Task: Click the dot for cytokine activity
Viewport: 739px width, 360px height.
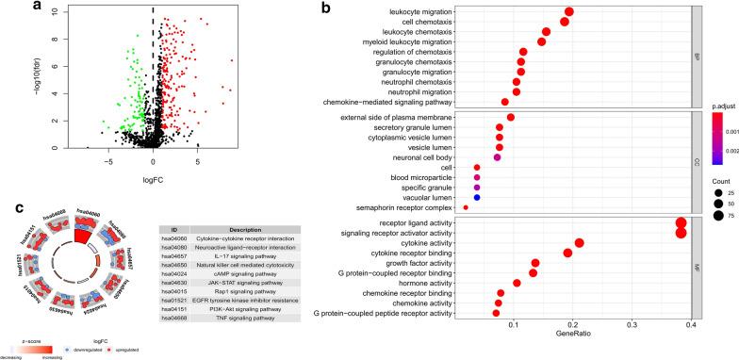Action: pyautogui.click(x=579, y=243)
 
